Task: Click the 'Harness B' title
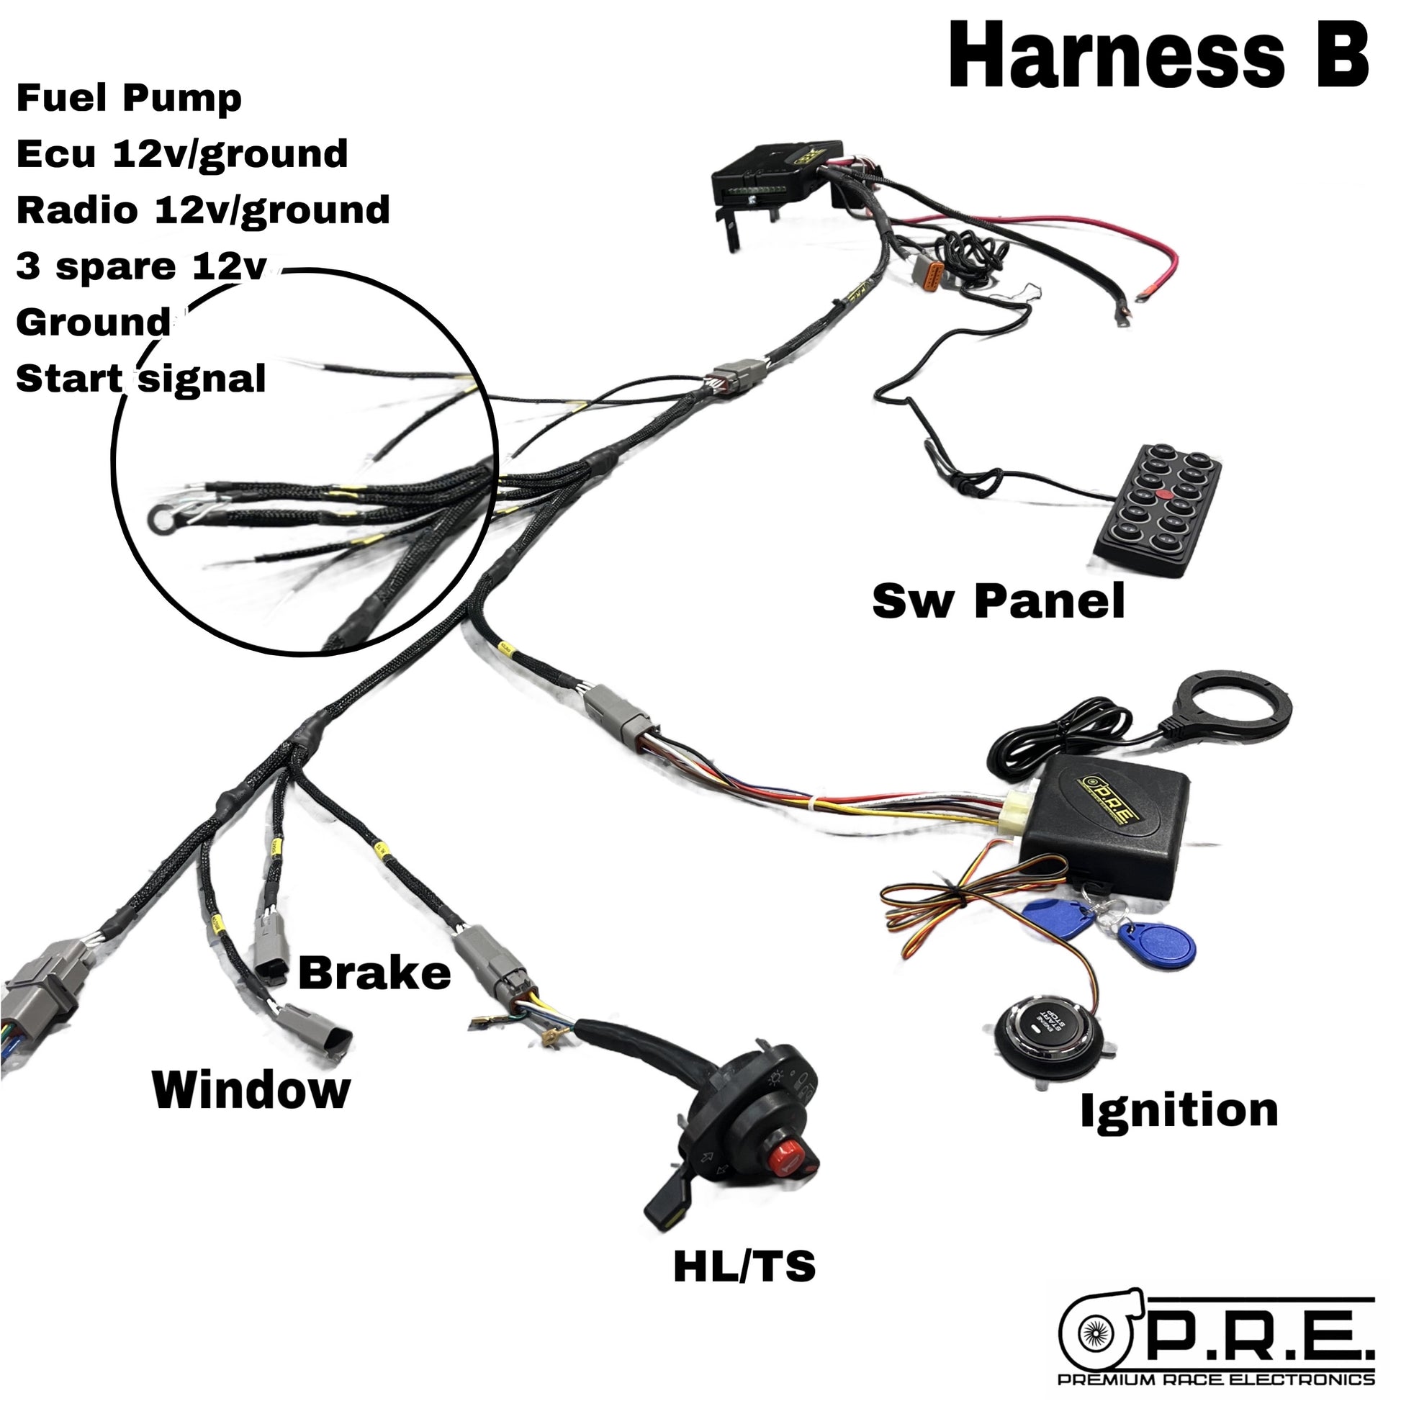pyautogui.click(x=1158, y=57)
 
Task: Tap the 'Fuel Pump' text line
pyautogui.click(x=128, y=99)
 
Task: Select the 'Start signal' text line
pyautogui.click(x=140, y=379)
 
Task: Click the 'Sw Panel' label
pyautogui.click(x=998, y=601)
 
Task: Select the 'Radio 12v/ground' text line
pyautogui.click(x=202, y=210)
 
